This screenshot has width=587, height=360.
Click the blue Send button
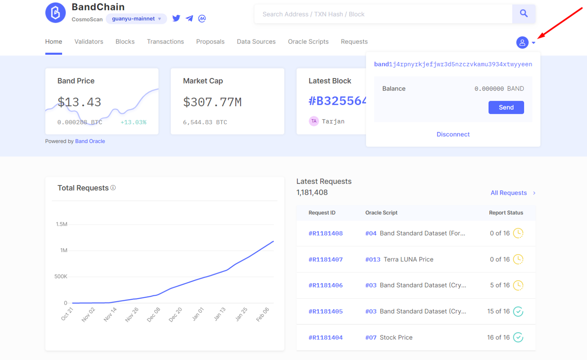point(506,107)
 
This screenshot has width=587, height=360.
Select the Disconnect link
point(453,134)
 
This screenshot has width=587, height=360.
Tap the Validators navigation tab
point(89,42)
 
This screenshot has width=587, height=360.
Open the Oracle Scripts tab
point(308,42)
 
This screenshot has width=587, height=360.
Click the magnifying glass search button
point(524,14)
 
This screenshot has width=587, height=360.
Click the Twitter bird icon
point(176,18)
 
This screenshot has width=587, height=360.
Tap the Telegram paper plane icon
point(190,18)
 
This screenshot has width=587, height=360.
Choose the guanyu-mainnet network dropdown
point(136,18)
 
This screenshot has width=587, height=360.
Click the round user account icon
point(522,42)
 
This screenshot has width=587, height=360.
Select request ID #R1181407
point(326,259)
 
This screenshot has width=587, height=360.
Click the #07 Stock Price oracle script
point(389,337)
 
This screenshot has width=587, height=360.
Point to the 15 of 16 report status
point(499,311)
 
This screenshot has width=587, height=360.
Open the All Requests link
point(509,193)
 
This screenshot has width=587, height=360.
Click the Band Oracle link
point(90,141)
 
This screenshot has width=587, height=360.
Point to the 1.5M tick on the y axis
point(61,224)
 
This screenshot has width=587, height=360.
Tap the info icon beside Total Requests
point(113,188)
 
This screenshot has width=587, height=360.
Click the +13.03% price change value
point(133,123)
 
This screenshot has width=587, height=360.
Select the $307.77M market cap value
point(212,102)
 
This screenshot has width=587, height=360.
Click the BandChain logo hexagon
point(56,13)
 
